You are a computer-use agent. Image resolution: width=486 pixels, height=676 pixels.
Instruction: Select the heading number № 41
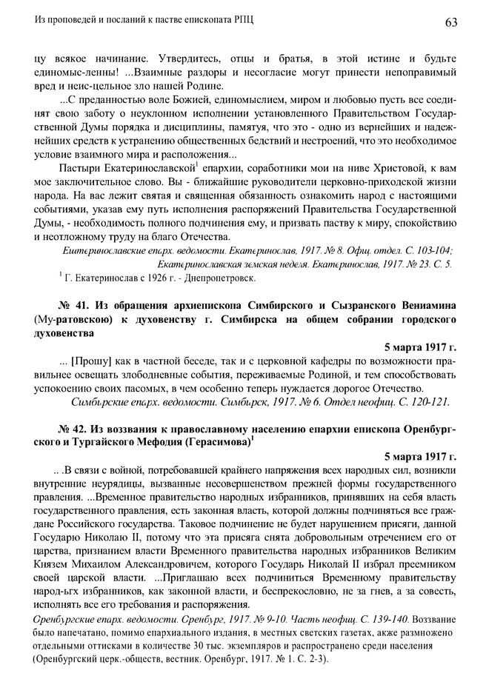[71, 307]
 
